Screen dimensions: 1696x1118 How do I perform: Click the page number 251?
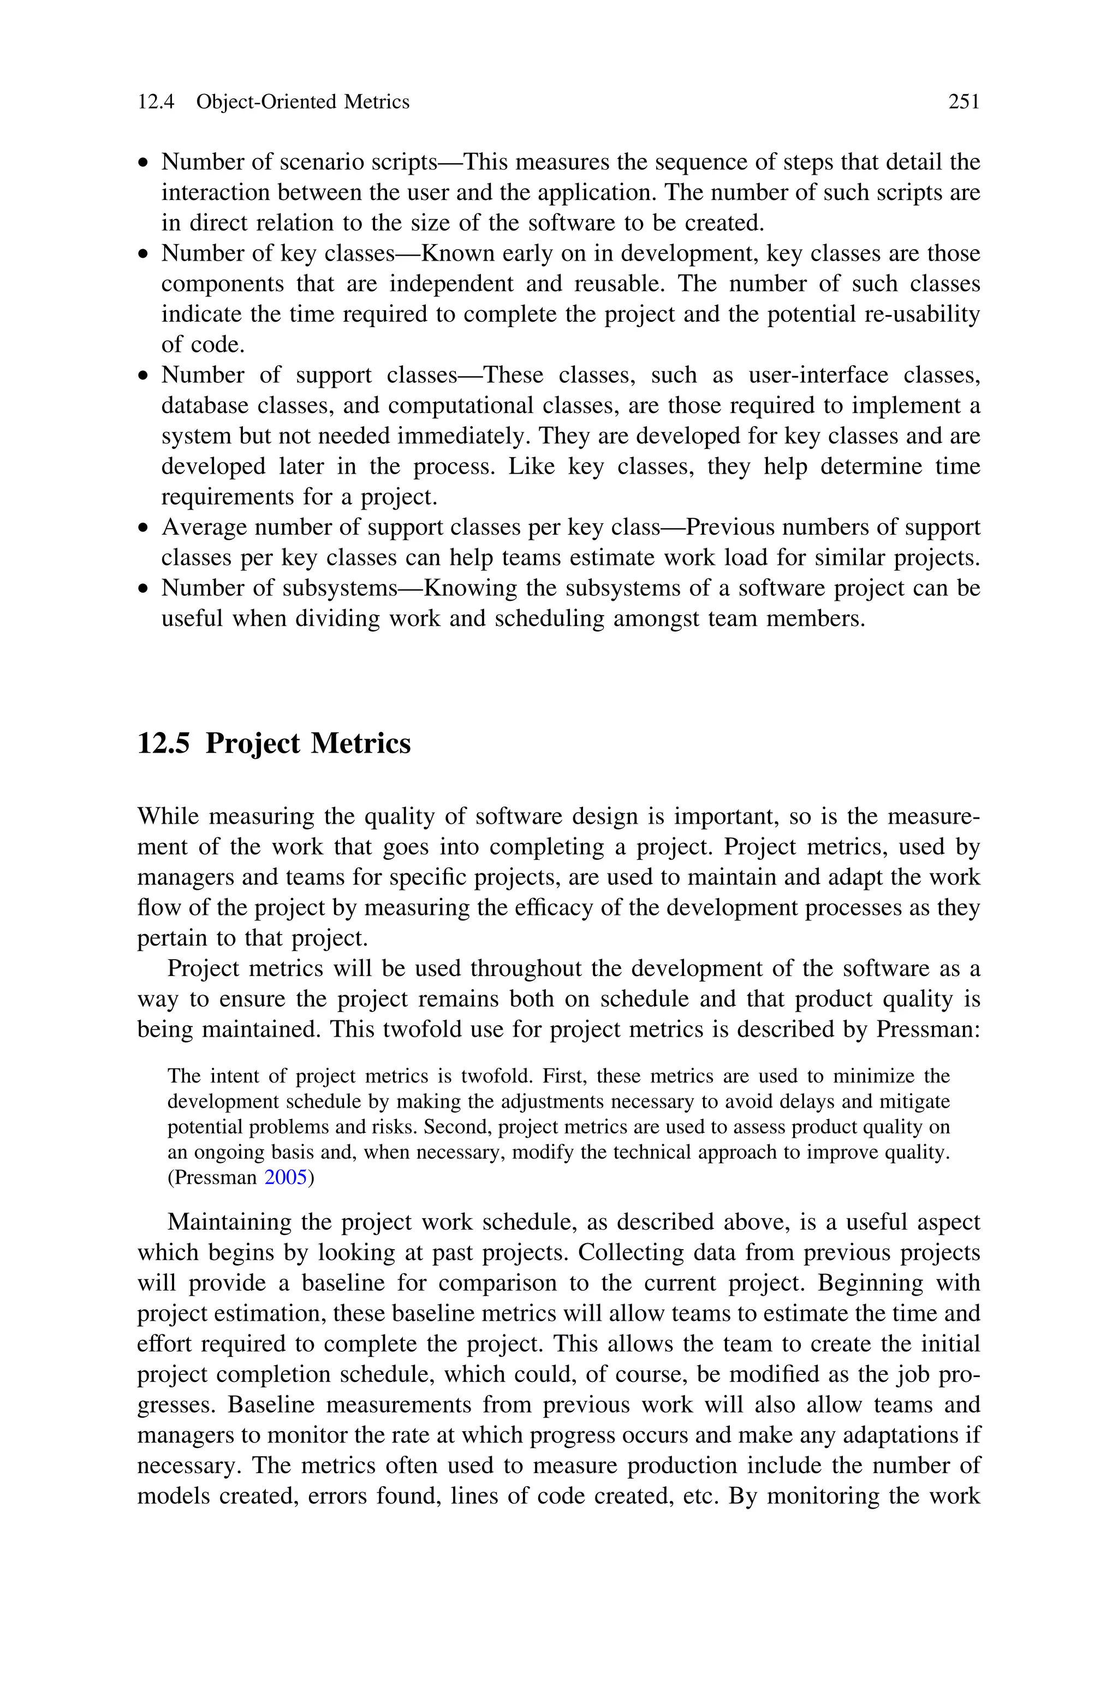964,102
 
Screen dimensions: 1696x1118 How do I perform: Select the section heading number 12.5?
163,743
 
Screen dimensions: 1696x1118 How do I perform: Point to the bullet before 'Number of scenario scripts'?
145,163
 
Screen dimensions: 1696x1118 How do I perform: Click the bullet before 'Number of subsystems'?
145,589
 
